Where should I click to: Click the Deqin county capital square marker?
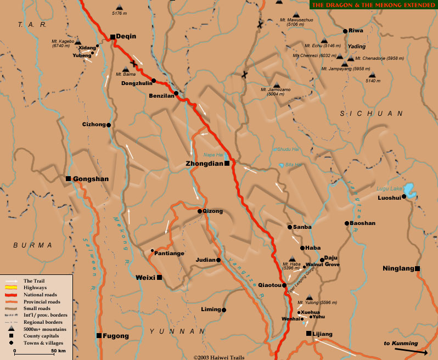tap(113, 37)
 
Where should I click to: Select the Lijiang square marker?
tap(309, 334)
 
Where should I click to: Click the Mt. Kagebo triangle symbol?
tap(78, 42)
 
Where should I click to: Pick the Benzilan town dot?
tap(176, 93)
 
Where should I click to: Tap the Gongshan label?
tap(91, 179)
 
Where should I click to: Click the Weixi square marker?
tap(159, 278)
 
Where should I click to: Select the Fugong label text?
tap(116, 336)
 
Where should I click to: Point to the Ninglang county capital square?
tap(418, 268)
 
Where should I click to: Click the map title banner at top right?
tap(373, 5)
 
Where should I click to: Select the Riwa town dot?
tap(345, 31)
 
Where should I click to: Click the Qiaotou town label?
tap(269, 285)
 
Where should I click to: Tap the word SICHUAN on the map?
tap(372, 114)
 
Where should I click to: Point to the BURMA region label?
tap(33, 245)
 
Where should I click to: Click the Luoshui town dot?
tap(403, 196)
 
